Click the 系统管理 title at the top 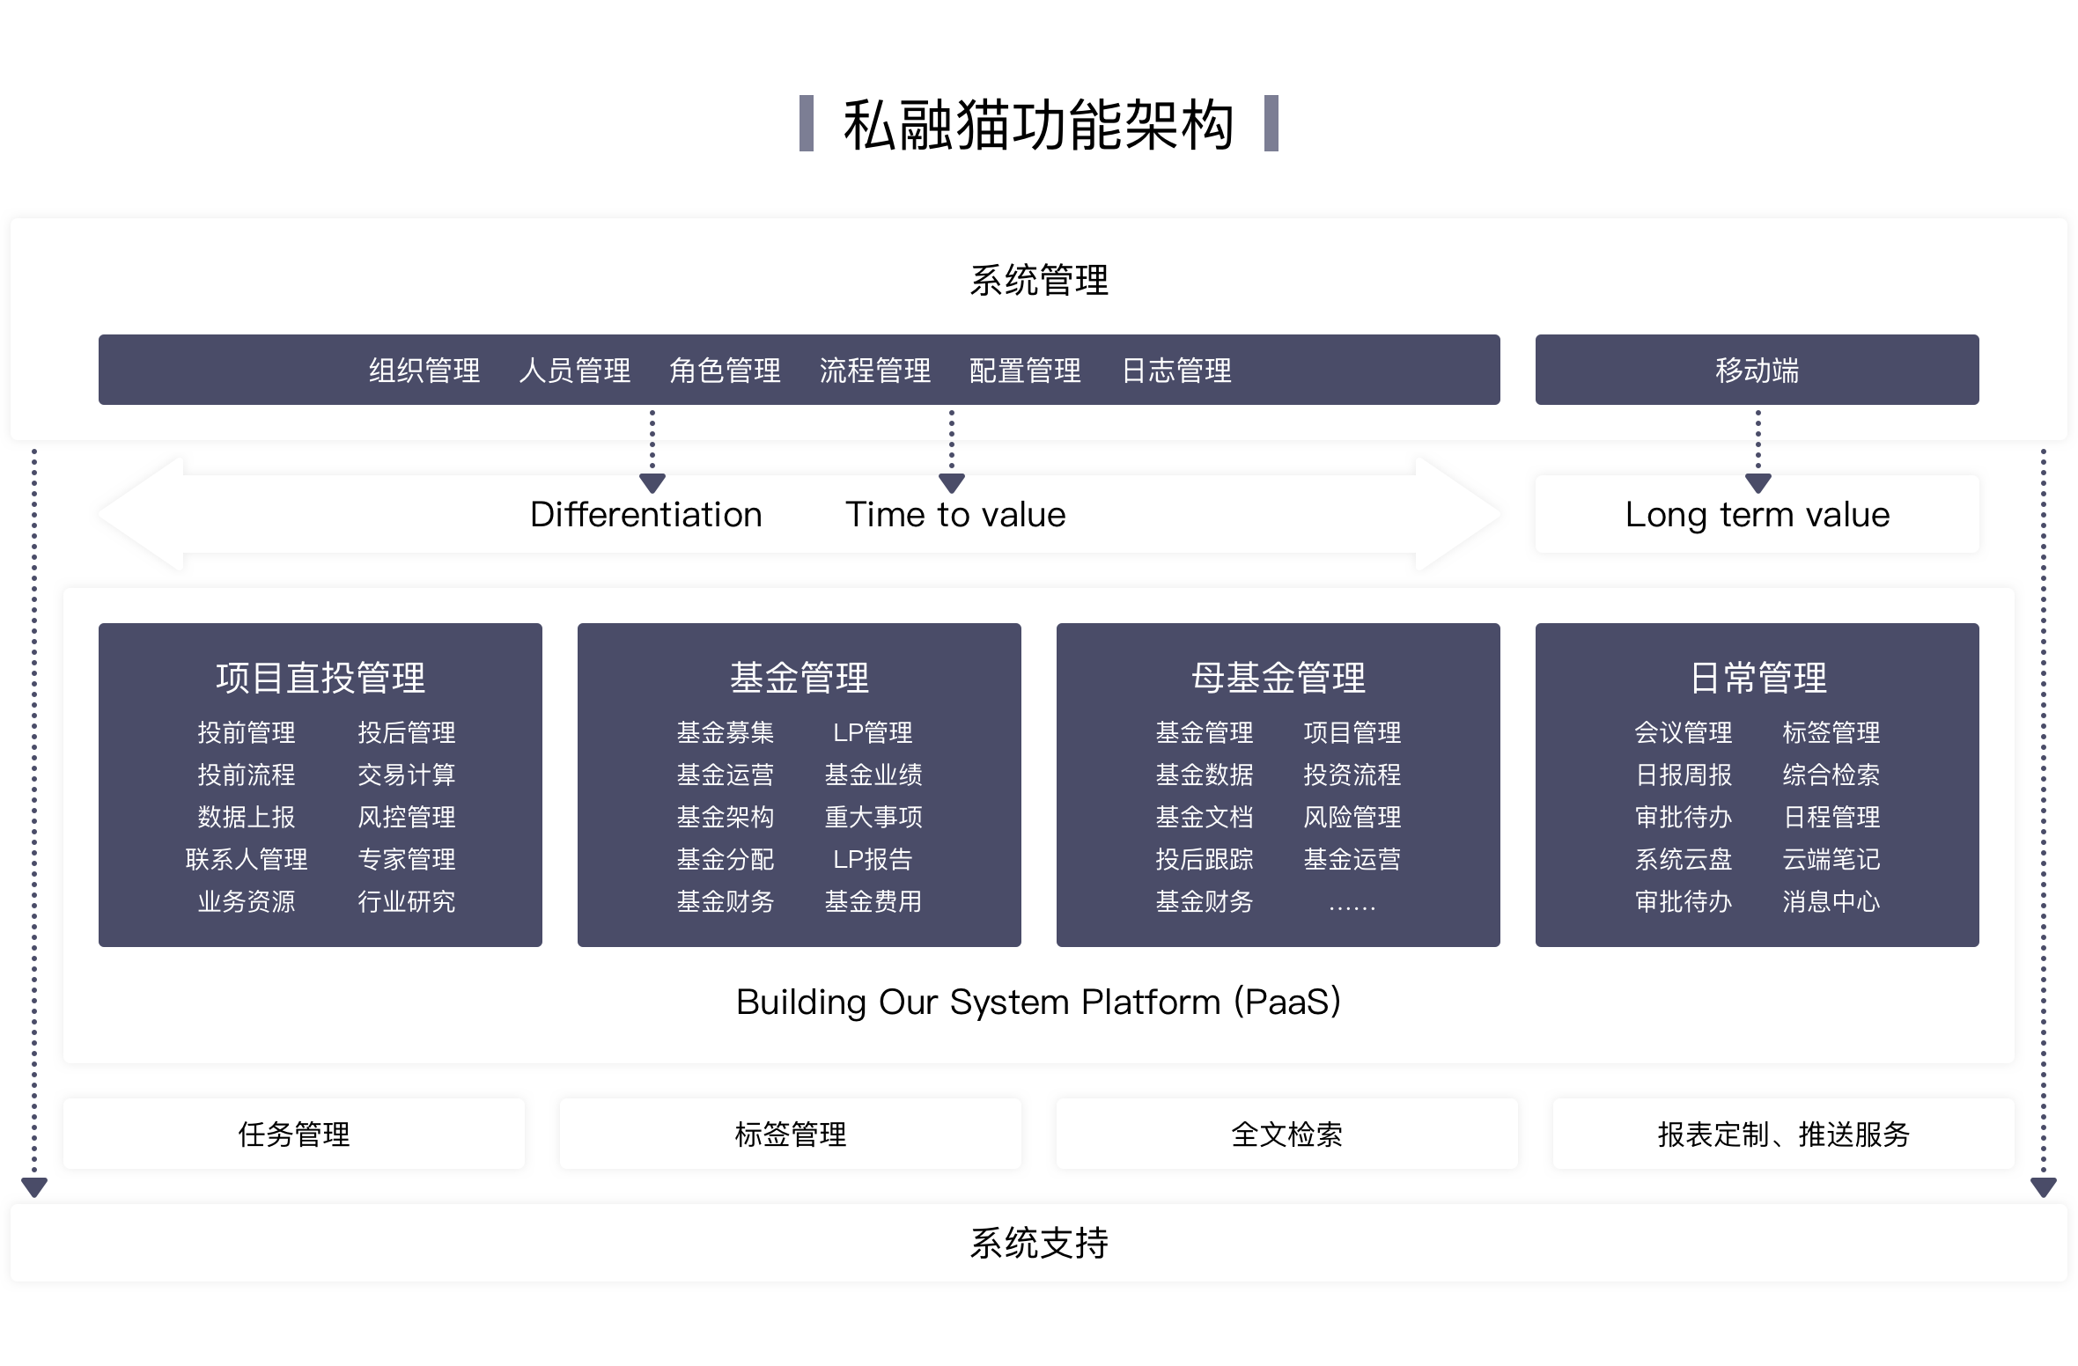tap(1038, 281)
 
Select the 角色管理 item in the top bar tap(725, 371)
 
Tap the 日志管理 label tap(1176, 371)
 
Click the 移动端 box tap(1757, 371)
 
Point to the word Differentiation tap(645, 515)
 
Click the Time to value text tap(955, 515)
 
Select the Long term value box tap(1757, 515)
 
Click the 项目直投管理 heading tap(321, 678)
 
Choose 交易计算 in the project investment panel tap(406, 775)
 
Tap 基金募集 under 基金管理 tap(725, 732)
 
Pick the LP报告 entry tap(873, 859)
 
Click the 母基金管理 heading tap(1278, 678)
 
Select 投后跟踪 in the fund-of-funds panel tap(1204, 859)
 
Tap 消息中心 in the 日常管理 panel tap(1831, 901)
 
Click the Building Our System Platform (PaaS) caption tap(1038, 1002)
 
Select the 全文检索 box tap(1286, 1135)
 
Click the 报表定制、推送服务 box tap(1783, 1135)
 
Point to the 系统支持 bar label tap(1038, 1244)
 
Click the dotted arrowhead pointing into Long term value tap(1757, 483)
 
